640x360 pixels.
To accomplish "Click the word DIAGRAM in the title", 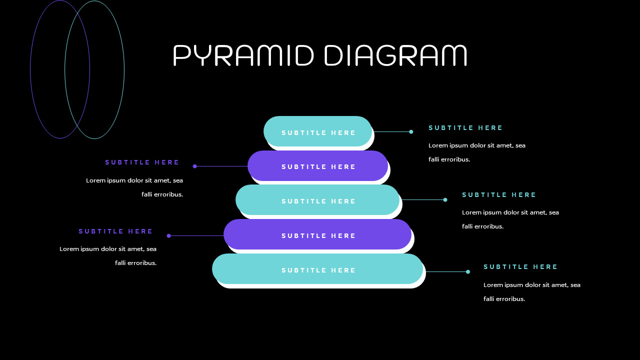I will (x=395, y=55).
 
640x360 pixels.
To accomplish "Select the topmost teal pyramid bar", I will (x=318, y=131).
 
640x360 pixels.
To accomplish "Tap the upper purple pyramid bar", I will (x=318, y=165).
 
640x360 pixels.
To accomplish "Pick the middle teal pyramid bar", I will (x=318, y=200).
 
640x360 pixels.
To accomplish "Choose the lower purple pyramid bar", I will (x=318, y=234).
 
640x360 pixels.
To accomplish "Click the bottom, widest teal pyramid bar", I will (x=318, y=269).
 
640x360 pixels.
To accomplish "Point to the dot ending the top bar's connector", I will (x=411, y=132).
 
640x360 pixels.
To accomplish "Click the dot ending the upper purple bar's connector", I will (x=195, y=166).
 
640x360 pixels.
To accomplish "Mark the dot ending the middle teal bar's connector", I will (x=445, y=200).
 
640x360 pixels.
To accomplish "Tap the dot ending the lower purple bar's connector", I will (x=168, y=235).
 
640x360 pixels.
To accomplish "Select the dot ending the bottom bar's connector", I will (x=468, y=272).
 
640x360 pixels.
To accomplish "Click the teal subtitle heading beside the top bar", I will (x=465, y=128).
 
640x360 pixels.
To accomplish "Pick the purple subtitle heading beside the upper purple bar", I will (x=142, y=162).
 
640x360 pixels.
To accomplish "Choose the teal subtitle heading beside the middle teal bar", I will (x=499, y=195).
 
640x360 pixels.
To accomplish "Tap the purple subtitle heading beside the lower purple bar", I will (x=115, y=231).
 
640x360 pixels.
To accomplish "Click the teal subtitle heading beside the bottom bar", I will (x=520, y=267).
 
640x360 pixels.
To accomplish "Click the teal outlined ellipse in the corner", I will (x=124, y=70).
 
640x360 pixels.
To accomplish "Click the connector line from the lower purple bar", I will (x=196, y=235).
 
